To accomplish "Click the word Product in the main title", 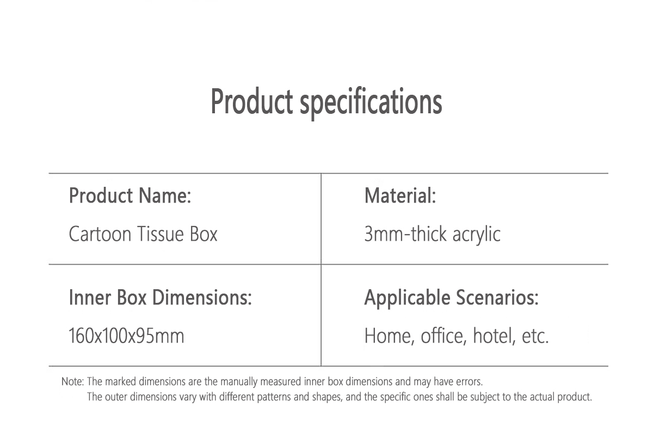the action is click(x=251, y=101).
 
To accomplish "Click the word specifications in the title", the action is click(x=371, y=103).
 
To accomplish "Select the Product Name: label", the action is click(x=130, y=196).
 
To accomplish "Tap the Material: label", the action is click(x=400, y=196).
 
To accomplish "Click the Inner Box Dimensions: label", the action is click(x=160, y=297).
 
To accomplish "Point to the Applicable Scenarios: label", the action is click(x=451, y=298).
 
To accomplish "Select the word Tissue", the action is click(x=161, y=234).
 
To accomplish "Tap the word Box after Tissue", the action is click(x=204, y=234).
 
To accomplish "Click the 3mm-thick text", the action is click(x=405, y=234).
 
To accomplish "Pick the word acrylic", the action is click(x=476, y=235).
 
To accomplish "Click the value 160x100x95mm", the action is click(x=126, y=335).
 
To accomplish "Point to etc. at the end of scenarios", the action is click(x=535, y=337).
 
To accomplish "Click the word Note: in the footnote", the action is click(x=72, y=381).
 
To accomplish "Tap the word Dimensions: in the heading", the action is click(x=202, y=297).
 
